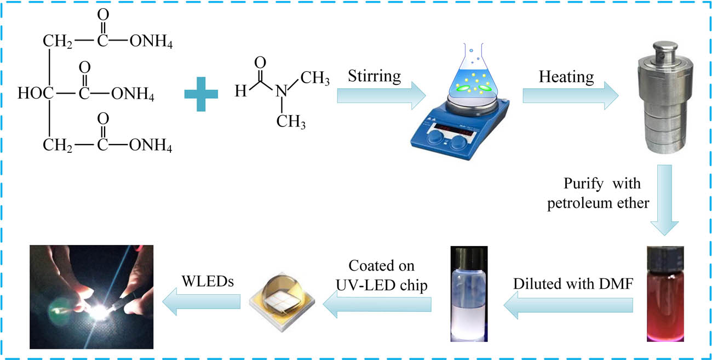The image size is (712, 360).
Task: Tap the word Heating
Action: [566, 77]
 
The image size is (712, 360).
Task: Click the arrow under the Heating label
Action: [570, 96]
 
